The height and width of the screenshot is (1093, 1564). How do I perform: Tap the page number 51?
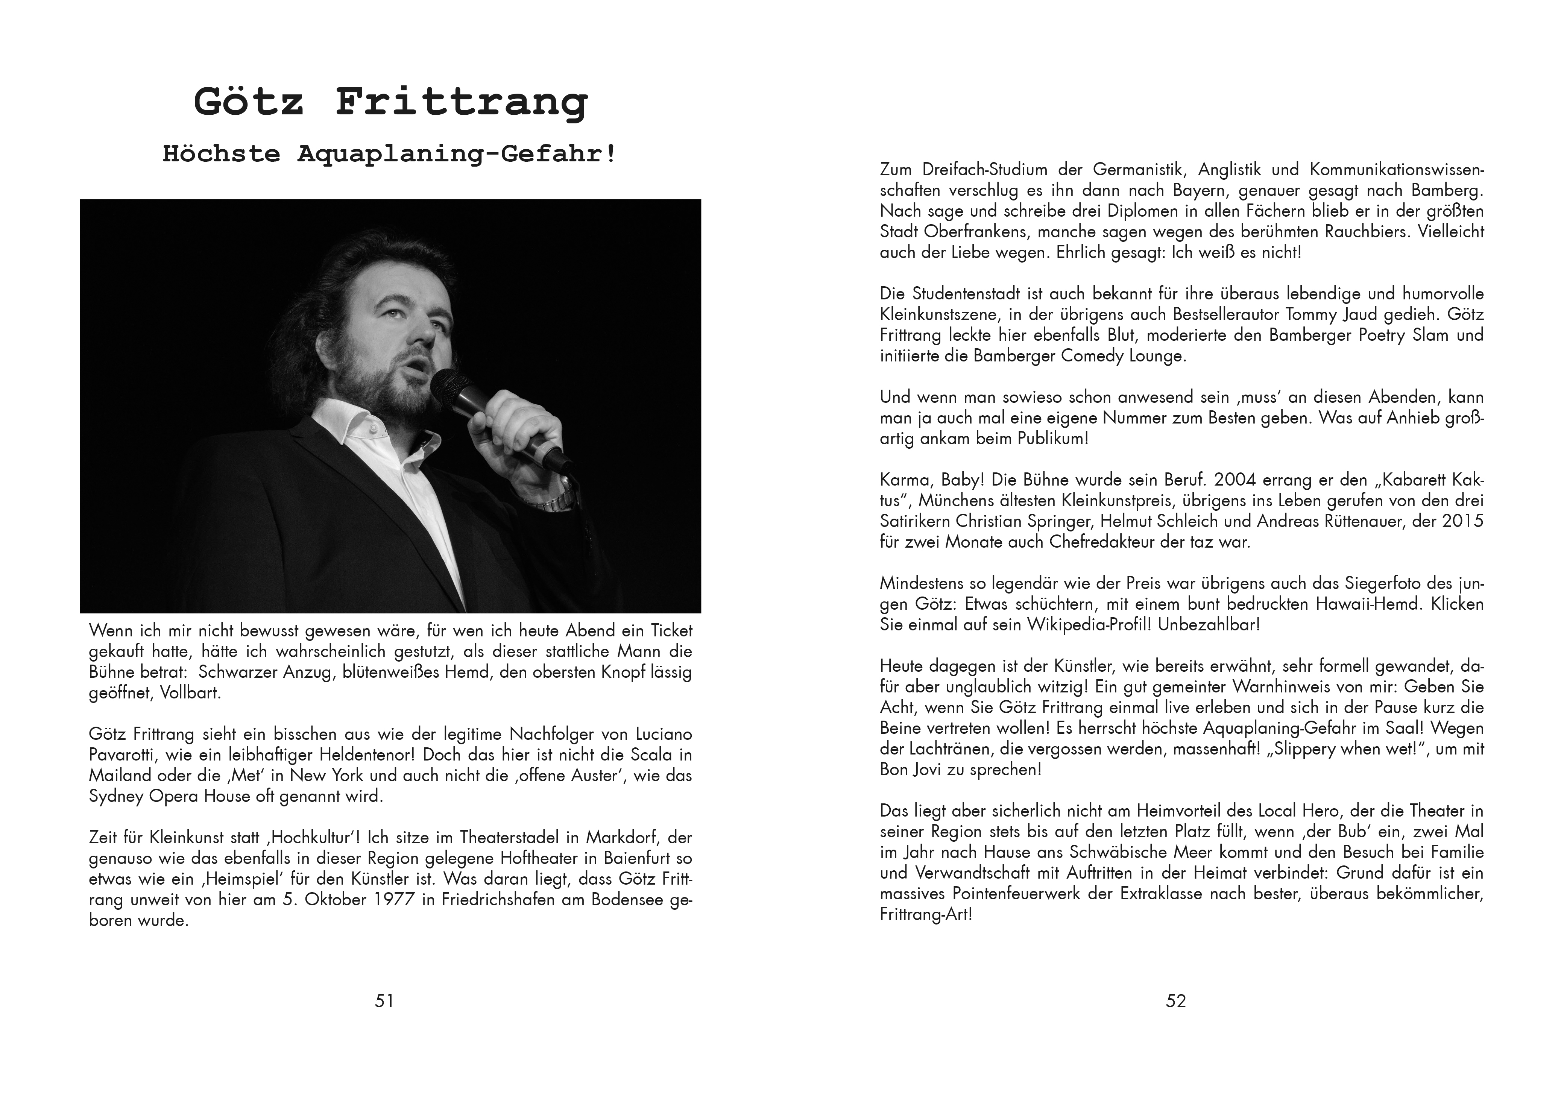tap(384, 1000)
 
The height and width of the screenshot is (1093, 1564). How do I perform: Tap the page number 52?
tap(1176, 1000)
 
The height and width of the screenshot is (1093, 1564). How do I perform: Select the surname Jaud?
tap(1361, 314)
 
